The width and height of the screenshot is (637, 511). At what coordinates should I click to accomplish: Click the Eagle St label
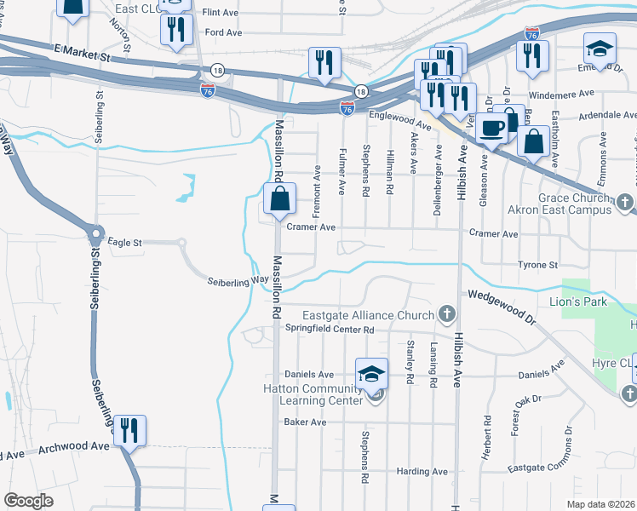pyautogui.click(x=124, y=243)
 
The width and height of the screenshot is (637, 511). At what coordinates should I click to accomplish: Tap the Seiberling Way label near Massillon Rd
pyautogui.click(x=233, y=281)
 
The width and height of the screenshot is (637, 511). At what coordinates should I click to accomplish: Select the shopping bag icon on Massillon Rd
pyautogui.click(x=279, y=202)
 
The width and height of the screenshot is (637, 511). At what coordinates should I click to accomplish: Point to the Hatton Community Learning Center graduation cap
pyautogui.click(x=371, y=376)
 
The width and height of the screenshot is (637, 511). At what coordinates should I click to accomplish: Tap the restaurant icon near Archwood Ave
pyautogui.click(x=129, y=429)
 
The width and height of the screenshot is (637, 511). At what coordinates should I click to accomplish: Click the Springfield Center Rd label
pyautogui.click(x=330, y=329)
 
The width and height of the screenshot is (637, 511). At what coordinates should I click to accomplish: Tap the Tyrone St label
pyautogui.click(x=537, y=265)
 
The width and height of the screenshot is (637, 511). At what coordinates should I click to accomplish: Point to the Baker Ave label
pyautogui.click(x=306, y=422)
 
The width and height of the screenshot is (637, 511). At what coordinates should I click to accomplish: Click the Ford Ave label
pyautogui.click(x=224, y=32)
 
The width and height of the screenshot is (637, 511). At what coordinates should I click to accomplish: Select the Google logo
pyautogui.click(x=29, y=500)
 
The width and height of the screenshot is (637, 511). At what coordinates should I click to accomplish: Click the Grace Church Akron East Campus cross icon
pyautogui.click(x=625, y=203)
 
